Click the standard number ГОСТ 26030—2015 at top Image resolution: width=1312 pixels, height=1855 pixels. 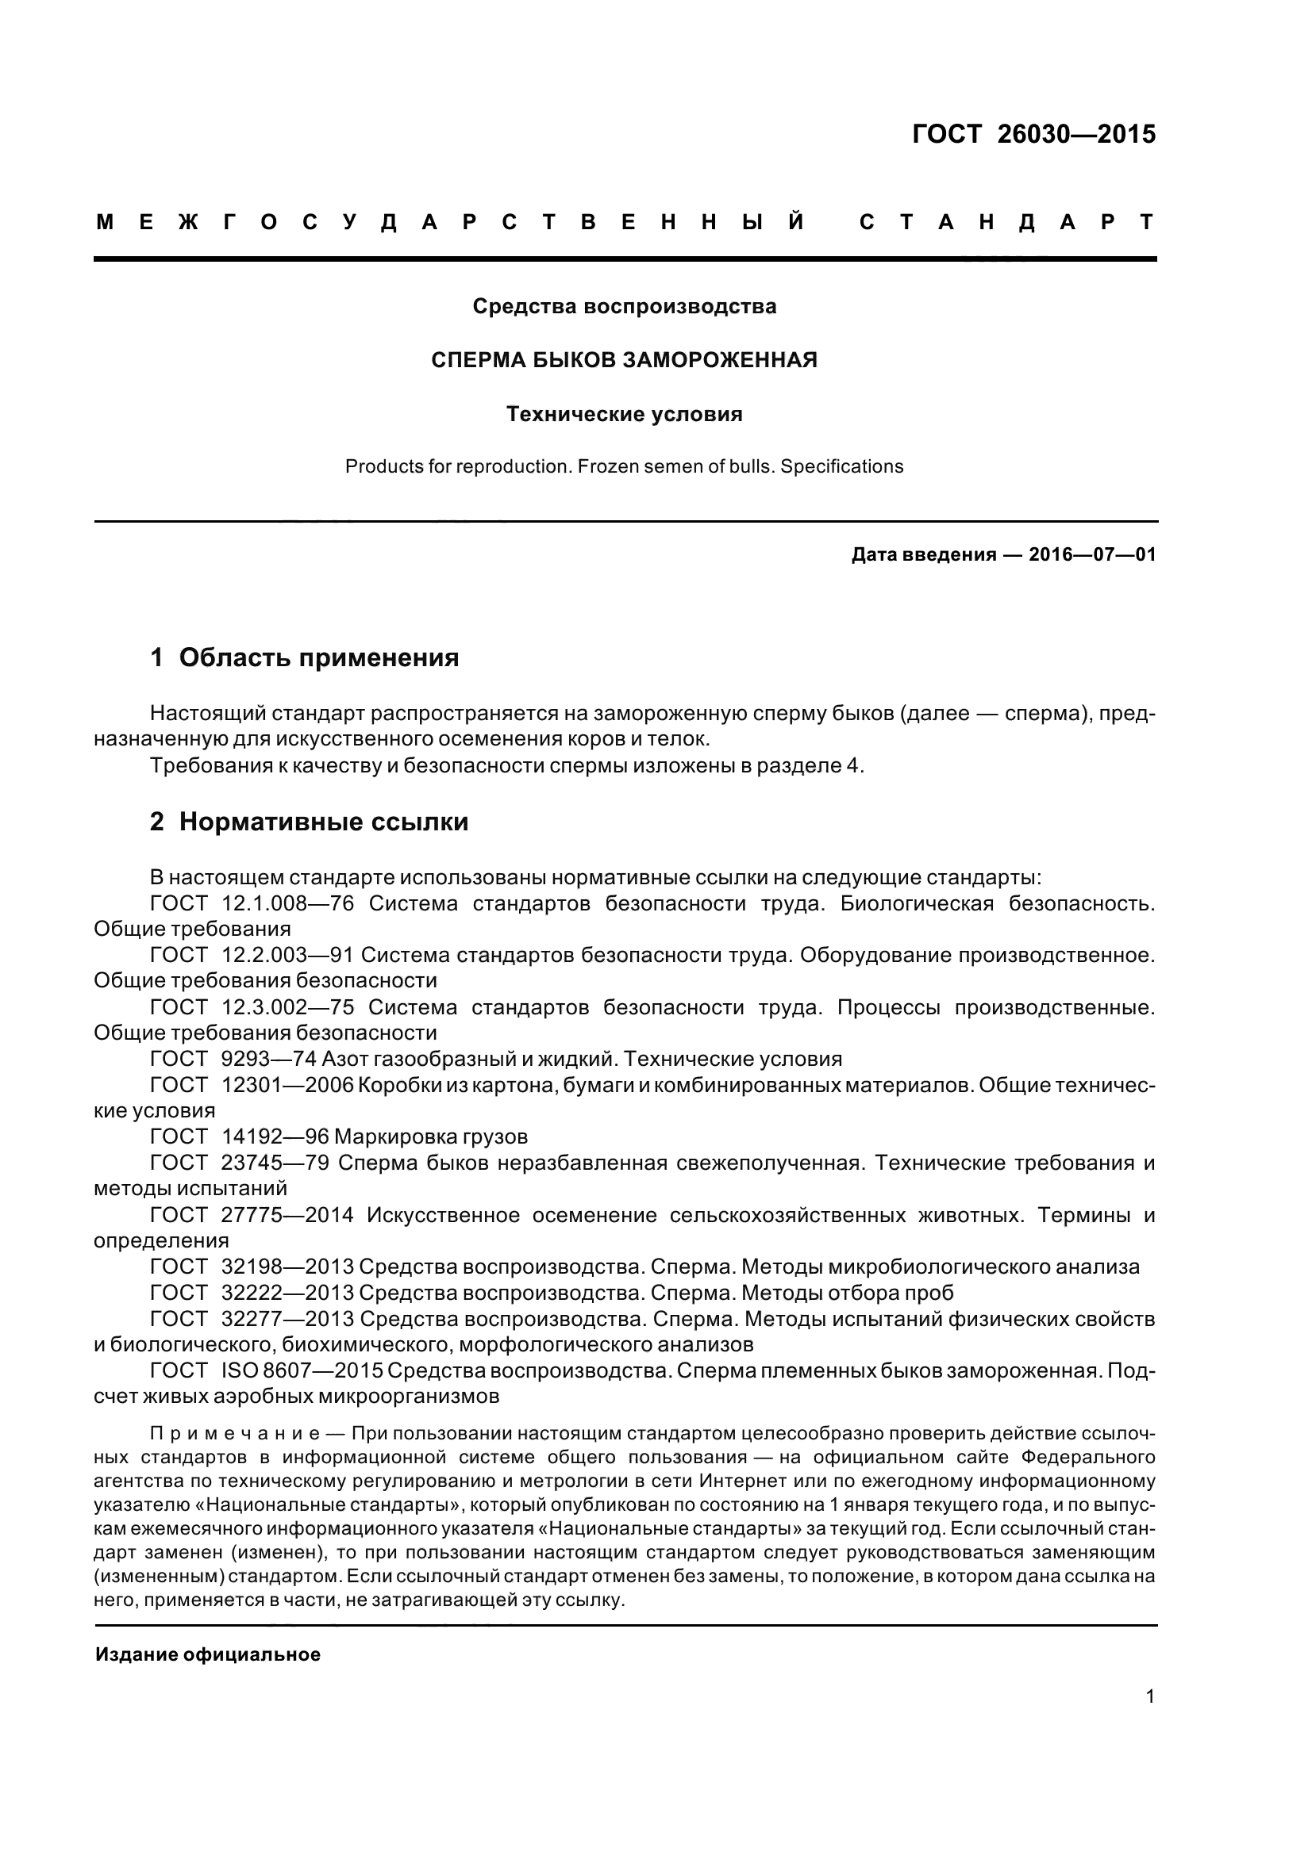click(x=1033, y=134)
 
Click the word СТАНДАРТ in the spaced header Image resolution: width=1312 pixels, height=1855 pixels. click(x=1006, y=222)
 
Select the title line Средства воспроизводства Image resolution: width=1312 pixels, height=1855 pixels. click(x=624, y=306)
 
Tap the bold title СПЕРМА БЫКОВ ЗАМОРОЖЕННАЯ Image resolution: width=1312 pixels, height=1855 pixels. click(x=624, y=360)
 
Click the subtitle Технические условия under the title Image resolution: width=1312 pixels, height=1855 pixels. click(x=624, y=415)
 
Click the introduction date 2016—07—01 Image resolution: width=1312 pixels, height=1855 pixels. click(x=1092, y=555)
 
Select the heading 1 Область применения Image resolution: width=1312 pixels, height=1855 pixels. click(x=305, y=657)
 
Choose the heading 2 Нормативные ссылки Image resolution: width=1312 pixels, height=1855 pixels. click(x=310, y=822)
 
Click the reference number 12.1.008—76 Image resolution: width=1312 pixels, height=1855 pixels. click(x=288, y=903)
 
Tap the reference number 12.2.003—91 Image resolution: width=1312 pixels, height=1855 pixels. click(x=288, y=955)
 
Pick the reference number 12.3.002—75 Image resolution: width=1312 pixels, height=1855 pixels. click(x=288, y=1007)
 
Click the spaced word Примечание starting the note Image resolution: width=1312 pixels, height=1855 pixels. click(x=235, y=1434)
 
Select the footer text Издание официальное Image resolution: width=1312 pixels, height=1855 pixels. click(x=208, y=1654)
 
